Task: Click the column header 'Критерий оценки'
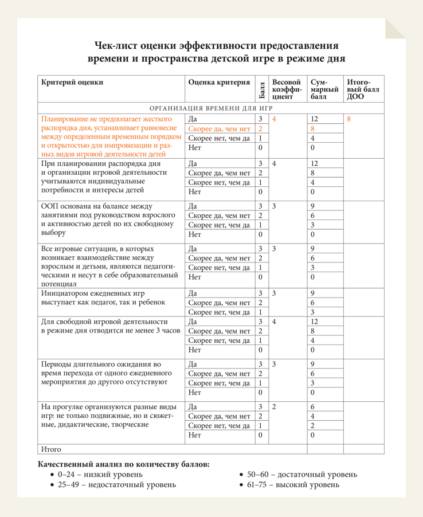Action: coord(73,83)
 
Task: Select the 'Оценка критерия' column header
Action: coord(219,83)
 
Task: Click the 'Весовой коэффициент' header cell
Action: coord(287,89)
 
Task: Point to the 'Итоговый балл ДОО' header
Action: coord(363,89)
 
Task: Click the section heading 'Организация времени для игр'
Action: coord(211,108)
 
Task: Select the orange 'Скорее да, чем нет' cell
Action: coord(220,129)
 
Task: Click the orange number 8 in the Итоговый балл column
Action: coord(349,119)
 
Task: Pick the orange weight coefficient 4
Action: coord(275,119)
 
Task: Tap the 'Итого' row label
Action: coord(52,449)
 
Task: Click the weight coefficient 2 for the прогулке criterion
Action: coord(275,406)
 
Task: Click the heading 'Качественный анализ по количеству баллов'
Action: coord(123,464)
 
